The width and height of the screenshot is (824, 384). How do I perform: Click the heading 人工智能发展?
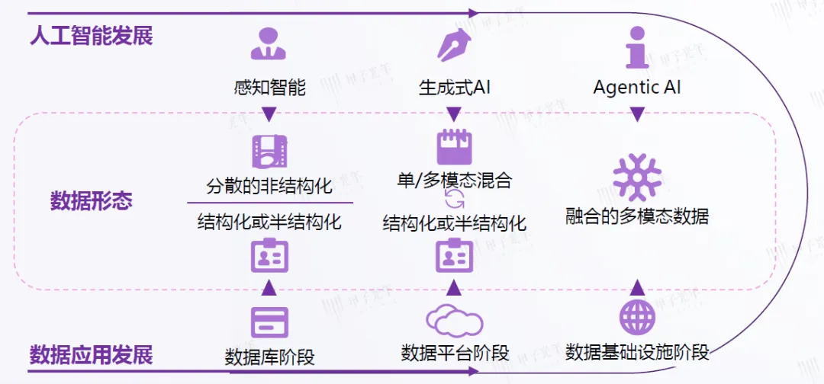pyautogui.click(x=92, y=36)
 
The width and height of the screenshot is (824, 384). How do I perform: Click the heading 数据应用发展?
pyautogui.click(x=92, y=355)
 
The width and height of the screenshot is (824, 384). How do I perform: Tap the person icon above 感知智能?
pyautogui.click(x=269, y=44)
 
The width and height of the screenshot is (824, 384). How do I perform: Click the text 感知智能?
pyautogui.click(x=269, y=88)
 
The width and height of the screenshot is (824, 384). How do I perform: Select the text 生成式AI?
pyautogui.click(x=455, y=88)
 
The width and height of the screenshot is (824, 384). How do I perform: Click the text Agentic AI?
pyautogui.click(x=637, y=88)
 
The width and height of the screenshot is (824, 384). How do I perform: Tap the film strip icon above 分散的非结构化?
pyautogui.click(x=269, y=151)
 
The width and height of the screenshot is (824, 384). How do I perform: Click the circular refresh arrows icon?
pyautogui.click(x=454, y=200)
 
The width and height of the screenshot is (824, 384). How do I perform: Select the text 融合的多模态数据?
pyautogui.click(x=637, y=216)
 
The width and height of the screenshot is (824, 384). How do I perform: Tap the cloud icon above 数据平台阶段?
pyautogui.click(x=454, y=321)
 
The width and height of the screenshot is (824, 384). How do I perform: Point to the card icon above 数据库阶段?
pyautogui.click(x=269, y=322)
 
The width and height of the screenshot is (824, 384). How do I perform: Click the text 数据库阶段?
pyautogui.click(x=269, y=357)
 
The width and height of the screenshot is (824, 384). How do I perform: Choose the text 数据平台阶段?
pyautogui.click(x=455, y=353)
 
